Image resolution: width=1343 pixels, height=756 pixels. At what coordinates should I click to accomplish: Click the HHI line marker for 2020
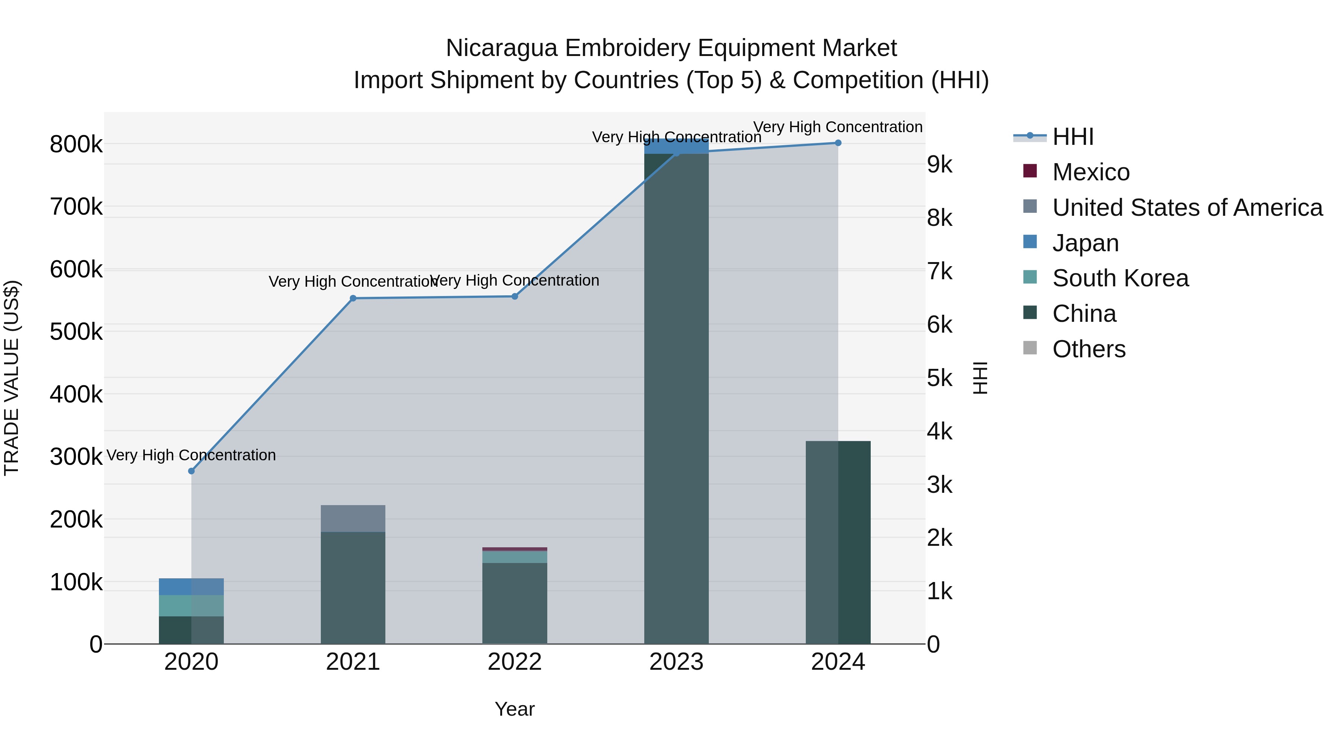pyautogui.click(x=191, y=471)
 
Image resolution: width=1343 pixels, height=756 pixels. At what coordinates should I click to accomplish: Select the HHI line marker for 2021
pyautogui.click(x=353, y=298)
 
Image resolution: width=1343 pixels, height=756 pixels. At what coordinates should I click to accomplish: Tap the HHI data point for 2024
pyautogui.click(x=838, y=143)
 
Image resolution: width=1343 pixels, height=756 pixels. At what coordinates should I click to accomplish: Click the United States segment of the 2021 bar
pyautogui.click(x=353, y=518)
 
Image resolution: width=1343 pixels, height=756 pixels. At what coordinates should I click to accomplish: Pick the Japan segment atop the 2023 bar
pyautogui.click(x=676, y=147)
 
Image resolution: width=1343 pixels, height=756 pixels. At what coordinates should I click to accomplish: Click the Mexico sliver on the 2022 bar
pyautogui.click(x=514, y=549)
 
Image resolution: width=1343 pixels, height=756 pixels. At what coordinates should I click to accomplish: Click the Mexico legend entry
pyautogui.click(x=1091, y=172)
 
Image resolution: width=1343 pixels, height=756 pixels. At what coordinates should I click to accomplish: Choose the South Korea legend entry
pyautogui.click(x=1120, y=278)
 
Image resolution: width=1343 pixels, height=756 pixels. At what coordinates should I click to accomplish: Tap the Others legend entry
pyautogui.click(x=1089, y=349)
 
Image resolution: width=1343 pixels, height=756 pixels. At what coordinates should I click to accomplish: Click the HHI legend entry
pyautogui.click(x=1073, y=137)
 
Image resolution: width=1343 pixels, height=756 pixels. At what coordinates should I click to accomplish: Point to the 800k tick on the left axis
pyautogui.click(x=76, y=144)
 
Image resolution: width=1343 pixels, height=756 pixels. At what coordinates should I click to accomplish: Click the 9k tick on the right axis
pyautogui.click(x=939, y=165)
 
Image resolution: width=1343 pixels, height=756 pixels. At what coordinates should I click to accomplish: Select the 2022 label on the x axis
pyautogui.click(x=514, y=662)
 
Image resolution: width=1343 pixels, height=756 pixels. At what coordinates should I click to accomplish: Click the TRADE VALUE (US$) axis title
pyautogui.click(x=12, y=378)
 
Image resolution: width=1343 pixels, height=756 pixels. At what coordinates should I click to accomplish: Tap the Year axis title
pyautogui.click(x=514, y=709)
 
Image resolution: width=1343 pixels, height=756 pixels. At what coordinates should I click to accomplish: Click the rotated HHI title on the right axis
pyautogui.click(x=980, y=378)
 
